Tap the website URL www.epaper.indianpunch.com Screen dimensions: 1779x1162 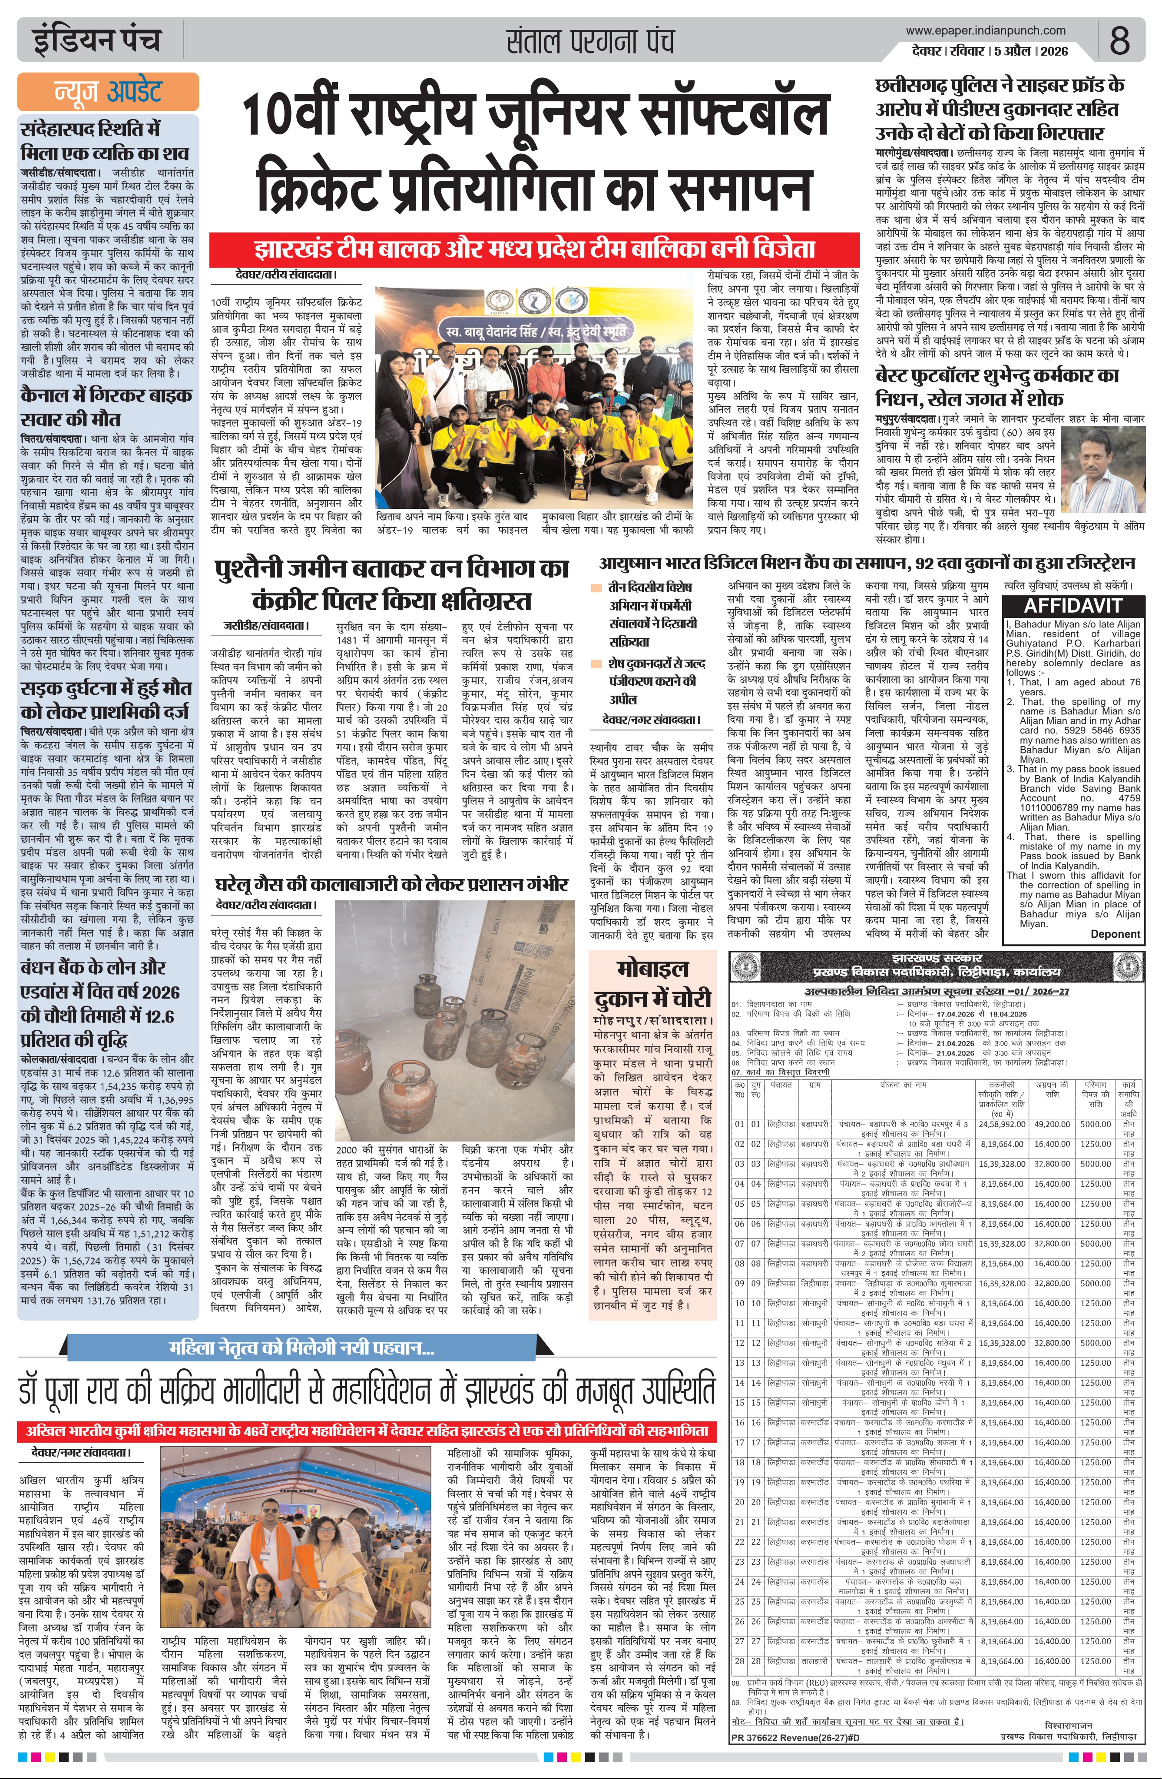coord(985,31)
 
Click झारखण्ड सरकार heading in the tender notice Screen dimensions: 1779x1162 coord(936,958)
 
